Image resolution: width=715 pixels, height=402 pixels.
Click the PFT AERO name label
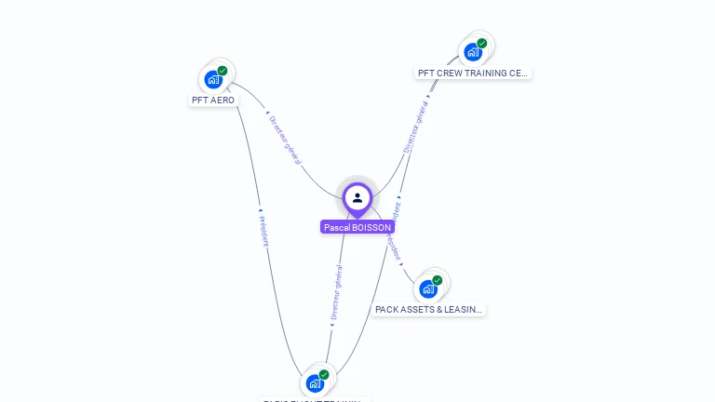213,100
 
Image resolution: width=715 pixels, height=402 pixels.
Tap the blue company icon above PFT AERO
213,79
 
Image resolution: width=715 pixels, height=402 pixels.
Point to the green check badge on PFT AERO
223,71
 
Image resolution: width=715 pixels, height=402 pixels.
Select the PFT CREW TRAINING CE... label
473,73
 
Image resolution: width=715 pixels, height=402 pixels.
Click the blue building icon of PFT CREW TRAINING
473,52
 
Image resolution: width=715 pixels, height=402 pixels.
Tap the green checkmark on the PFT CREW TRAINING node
482,44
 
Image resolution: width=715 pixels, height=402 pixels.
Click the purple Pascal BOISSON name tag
357,227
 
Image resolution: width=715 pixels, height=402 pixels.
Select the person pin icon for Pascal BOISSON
357,197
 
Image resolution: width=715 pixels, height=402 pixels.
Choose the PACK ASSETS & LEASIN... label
428,309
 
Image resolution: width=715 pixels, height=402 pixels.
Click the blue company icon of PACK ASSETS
427,288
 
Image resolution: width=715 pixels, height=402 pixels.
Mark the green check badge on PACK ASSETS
438,280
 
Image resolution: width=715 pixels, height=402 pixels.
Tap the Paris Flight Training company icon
315,382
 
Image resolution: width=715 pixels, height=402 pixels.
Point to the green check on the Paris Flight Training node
324,374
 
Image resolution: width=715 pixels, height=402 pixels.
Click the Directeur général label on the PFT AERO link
285,141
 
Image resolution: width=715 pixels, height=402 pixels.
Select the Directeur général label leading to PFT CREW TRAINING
416,127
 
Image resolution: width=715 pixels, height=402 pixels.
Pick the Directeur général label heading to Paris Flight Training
336,292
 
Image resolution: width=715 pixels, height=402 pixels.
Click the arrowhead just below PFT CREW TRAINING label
428,95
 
